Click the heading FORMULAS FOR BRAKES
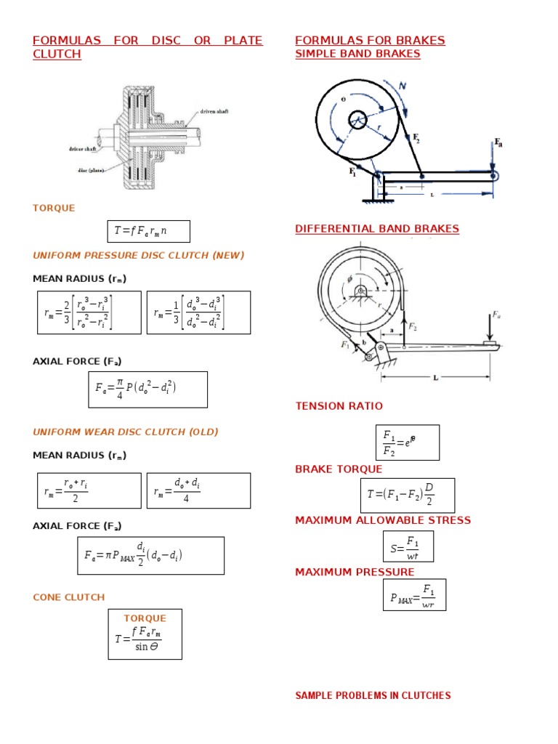click(x=370, y=41)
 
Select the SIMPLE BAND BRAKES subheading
click(x=357, y=54)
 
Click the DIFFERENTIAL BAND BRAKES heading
click(x=377, y=229)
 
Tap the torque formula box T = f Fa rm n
click(x=148, y=232)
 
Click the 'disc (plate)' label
click(x=86, y=171)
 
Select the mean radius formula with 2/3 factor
click(x=89, y=312)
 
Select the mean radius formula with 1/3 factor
click(x=198, y=312)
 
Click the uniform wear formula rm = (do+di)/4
click(x=198, y=490)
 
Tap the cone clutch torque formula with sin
click(x=145, y=634)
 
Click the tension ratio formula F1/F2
click(x=407, y=442)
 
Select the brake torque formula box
click(x=408, y=496)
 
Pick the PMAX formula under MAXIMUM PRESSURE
click(x=413, y=594)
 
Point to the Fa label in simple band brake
click(x=498, y=142)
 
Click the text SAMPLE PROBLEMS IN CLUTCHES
click(x=373, y=696)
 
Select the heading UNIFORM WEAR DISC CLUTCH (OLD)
click(x=126, y=432)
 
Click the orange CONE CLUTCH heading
click(x=69, y=597)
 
